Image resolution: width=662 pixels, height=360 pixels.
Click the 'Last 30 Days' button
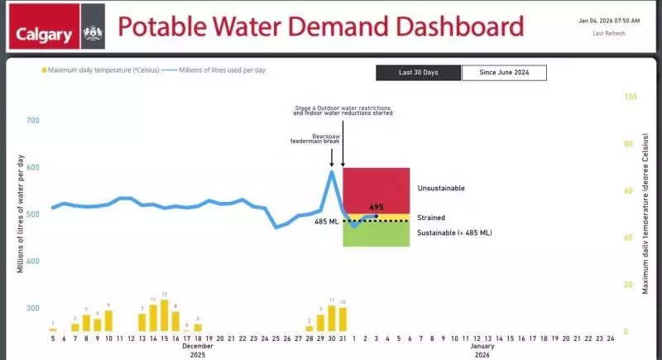pos(418,73)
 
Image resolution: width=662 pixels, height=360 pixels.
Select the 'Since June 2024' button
pos(504,73)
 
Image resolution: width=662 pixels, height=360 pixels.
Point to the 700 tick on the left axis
pos(33,121)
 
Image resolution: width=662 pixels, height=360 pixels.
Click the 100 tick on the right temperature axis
pos(631,97)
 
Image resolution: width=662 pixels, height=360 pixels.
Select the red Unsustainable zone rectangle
pos(376,190)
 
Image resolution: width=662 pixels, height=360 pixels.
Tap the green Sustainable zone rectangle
pos(376,235)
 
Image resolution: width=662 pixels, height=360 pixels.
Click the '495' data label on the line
pos(377,208)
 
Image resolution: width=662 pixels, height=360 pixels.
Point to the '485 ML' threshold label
pos(327,222)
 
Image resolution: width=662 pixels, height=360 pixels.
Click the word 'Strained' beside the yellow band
pos(431,218)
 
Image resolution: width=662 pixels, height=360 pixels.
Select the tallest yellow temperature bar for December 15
pos(164,315)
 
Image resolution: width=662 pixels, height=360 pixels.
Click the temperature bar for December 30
pos(332,318)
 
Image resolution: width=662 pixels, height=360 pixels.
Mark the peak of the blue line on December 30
pos(332,171)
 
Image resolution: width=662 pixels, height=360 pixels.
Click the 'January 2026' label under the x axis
pos(482,351)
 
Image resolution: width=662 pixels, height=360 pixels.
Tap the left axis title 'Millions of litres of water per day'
pos(21,214)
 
